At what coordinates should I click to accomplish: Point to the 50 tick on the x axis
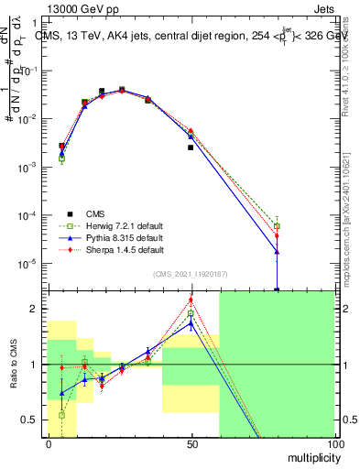pyautogui.click(x=191, y=442)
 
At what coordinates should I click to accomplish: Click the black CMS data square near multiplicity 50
pyautogui.click(x=191, y=147)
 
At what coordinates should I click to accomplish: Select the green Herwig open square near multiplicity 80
pyautogui.click(x=277, y=225)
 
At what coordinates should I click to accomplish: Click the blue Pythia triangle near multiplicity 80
pyautogui.click(x=277, y=252)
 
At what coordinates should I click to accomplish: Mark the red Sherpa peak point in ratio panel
pyautogui.click(x=191, y=300)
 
